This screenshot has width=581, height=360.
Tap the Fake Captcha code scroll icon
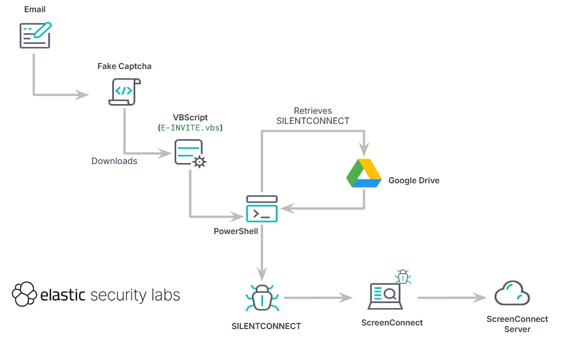coord(124,91)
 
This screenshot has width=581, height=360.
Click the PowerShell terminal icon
coord(262,209)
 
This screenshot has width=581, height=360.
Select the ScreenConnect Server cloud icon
coord(512,293)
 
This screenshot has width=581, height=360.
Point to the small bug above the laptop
coord(403,277)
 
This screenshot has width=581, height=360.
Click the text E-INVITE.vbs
coord(190,128)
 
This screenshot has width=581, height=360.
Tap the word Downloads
coord(114,161)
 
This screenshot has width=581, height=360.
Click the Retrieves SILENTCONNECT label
coord(313,116)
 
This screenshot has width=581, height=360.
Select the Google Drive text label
coord(414,180)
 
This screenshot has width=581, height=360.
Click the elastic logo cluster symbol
coord(24,294)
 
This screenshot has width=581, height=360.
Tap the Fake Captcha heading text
coord(124,67)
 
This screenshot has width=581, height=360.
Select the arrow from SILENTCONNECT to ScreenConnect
coord(317,298)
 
